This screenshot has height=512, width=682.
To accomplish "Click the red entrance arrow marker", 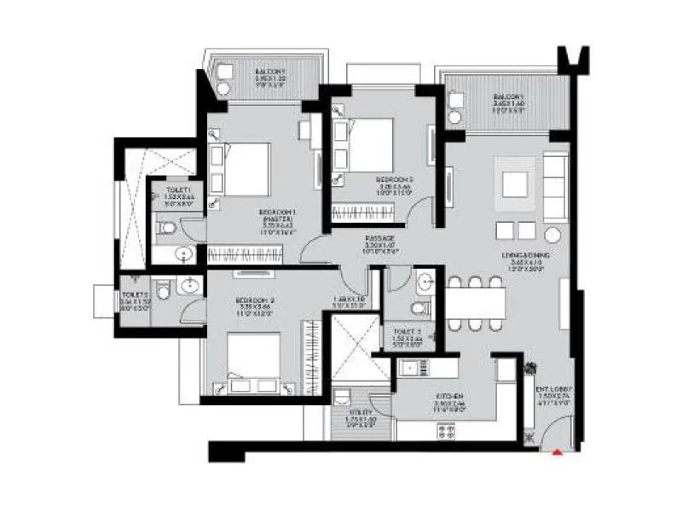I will pos(558,452).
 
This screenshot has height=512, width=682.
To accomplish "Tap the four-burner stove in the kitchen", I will pos(446,429).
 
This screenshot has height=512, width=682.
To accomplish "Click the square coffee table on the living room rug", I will pos(514,184).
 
